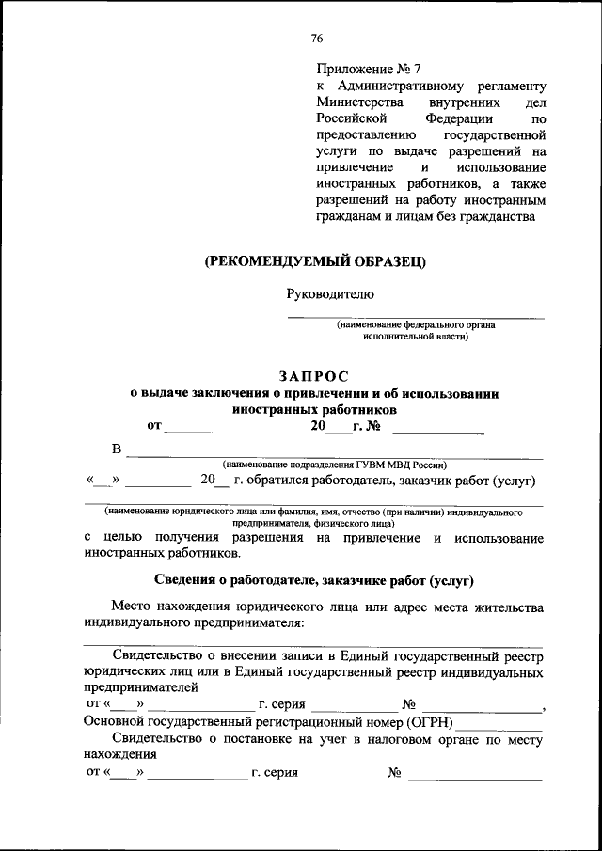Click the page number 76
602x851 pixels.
(317, 39)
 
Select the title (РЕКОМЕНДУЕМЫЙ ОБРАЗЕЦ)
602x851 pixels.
(316, 262)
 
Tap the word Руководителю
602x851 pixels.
(330, 294)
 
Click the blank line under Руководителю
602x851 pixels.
(415, 316)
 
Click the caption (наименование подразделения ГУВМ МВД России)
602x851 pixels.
(334, 465)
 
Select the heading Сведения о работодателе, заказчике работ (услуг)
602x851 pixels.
(313, 580)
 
